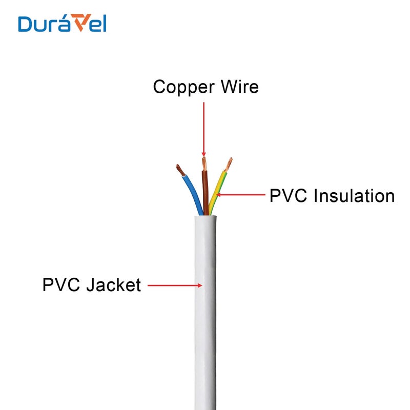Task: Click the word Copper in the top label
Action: (177, 87)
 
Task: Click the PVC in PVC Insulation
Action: (288, 196)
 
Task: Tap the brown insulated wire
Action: (206, 190)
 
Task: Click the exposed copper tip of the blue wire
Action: (179, 169)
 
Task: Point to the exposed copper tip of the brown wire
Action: (204, 163)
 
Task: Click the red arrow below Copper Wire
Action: (204, 128)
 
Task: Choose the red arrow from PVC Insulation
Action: (241, 195)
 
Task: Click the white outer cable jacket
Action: (205, 333)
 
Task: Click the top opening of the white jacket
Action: (205, 216)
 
